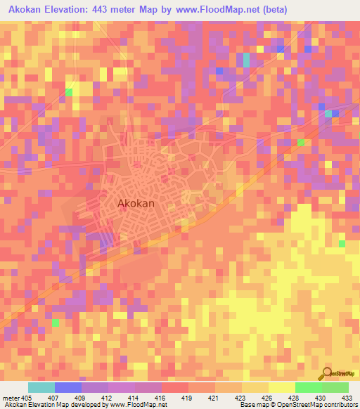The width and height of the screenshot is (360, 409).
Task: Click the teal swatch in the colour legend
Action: coord(41,387)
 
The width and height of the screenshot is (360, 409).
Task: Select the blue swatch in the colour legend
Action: coord(67,387)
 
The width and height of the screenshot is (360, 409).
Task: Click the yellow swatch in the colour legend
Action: coord(281,387)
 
